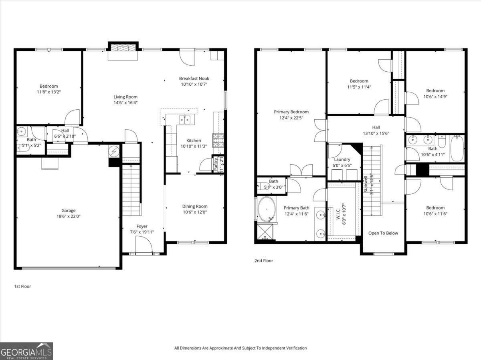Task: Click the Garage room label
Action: pos(68,211)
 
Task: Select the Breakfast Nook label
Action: pos(194,78)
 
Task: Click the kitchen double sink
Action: pos(184,119)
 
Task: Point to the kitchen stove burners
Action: pos(218,140)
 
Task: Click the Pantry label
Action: pos(215,165)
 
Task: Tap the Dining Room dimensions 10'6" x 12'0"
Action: pos(195,212)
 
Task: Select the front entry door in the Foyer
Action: pos(144,245)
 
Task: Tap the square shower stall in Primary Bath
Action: pos(265,231)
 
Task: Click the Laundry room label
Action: pos(342,159)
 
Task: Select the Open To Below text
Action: pos(383,233)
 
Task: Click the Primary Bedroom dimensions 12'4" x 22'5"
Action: pos(291,118)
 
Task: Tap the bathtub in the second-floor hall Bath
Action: pos(457,148)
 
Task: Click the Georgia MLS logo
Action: pos(26,351)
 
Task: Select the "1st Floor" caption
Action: pos(22,286)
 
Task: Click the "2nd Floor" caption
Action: pos(263,261)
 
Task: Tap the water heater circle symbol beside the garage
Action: pos(114,151)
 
